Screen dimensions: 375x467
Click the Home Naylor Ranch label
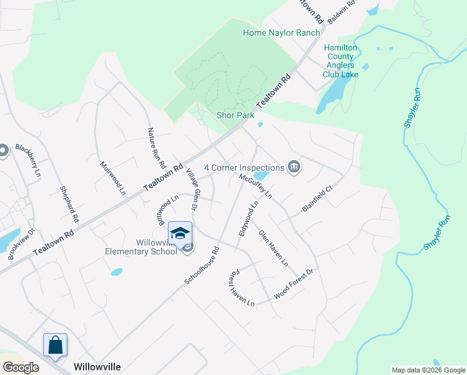281,32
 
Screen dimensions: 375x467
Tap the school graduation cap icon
180,233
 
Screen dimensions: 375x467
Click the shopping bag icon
55,344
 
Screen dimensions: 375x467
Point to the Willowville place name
97,366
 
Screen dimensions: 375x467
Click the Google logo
21,367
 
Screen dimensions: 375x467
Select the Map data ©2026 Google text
428,370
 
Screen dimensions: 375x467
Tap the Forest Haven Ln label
240,288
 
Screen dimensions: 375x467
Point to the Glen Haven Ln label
273,249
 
